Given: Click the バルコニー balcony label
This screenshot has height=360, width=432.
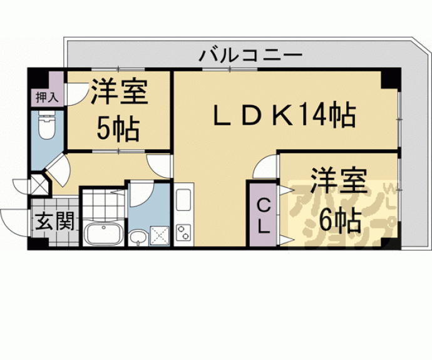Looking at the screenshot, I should point(250,55).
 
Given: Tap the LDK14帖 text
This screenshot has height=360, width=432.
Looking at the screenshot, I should point(284,116).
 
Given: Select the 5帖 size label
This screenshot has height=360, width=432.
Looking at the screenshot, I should point(118,128).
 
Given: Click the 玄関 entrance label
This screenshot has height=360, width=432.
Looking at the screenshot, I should point(55,220).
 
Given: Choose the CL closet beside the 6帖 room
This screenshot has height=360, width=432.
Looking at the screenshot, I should point(264,215).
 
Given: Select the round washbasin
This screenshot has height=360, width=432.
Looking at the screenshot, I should point(138,237).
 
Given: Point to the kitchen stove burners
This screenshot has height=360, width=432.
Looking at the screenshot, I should point(185,232).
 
